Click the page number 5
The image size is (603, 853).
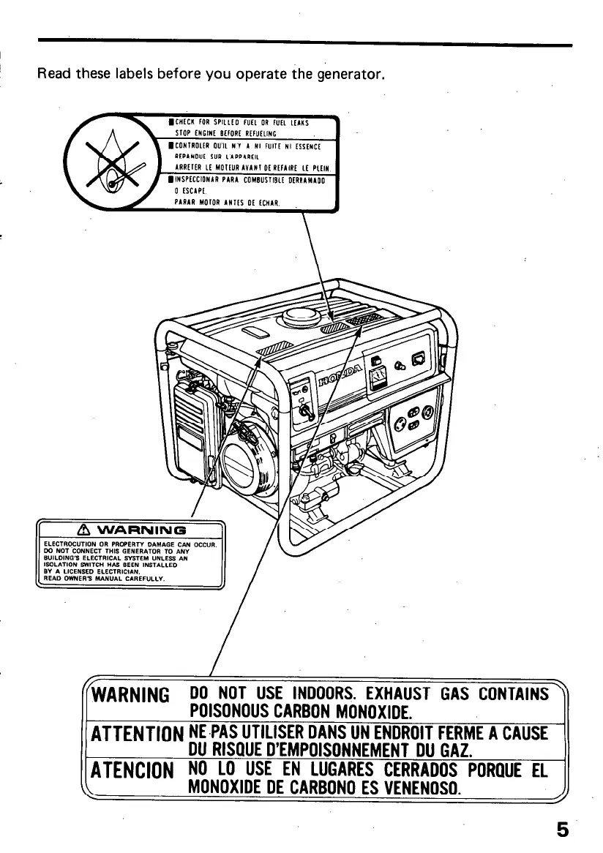pos(562,830)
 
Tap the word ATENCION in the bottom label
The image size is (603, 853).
pos(132,770)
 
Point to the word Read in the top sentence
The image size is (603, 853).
pos(52,74)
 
